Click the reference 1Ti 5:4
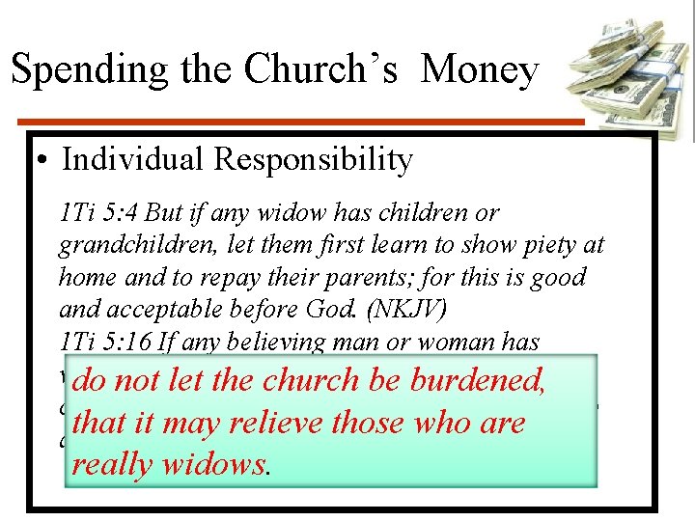click(91, 212)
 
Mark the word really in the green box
click(111, 464)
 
